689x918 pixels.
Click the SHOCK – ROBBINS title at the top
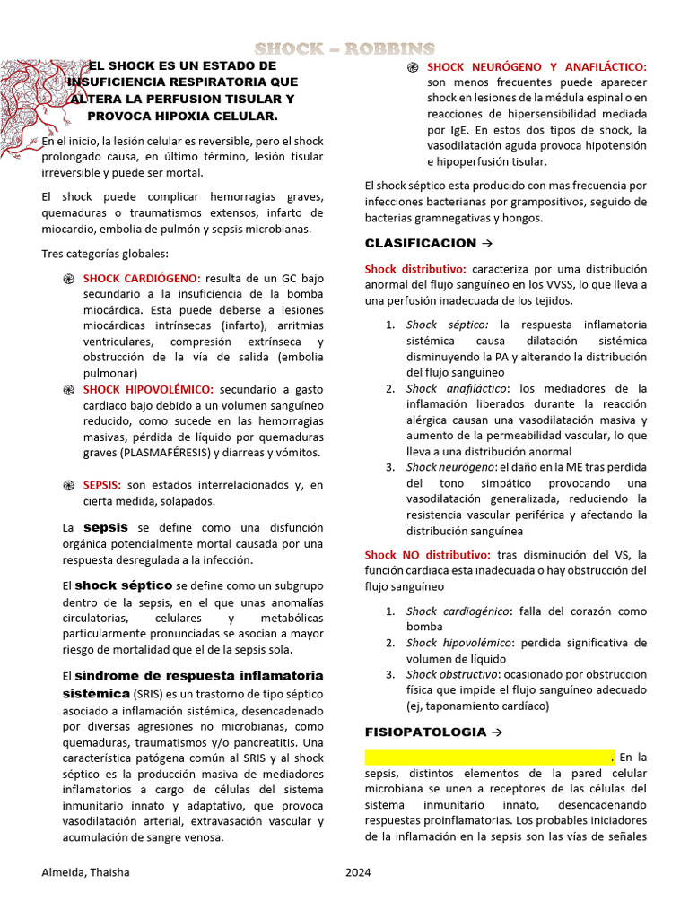point(344,48)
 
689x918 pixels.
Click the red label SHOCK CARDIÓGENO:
point(142,279)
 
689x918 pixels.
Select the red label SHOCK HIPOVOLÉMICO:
point(148,389)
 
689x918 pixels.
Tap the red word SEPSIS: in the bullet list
point(102,485)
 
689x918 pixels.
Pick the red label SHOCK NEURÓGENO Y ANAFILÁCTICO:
point(536,67)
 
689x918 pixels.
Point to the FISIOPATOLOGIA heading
point(425,732)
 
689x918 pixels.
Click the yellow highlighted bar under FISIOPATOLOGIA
point(488,757)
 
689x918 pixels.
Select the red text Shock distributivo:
point(415,268)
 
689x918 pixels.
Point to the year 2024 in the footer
point(358,872)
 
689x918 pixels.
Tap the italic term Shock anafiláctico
point(457,388)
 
